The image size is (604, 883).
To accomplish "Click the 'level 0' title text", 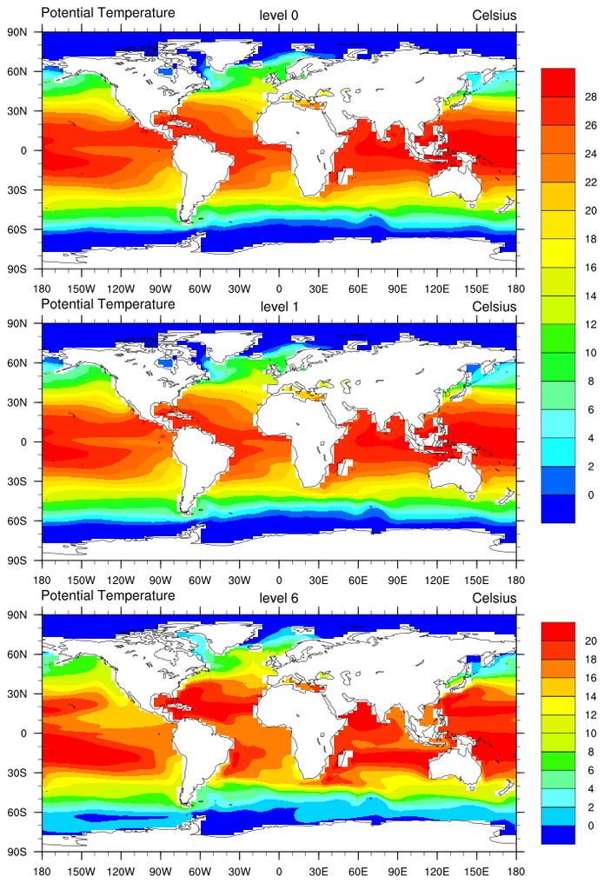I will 279,15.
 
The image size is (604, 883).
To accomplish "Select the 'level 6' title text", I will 279,598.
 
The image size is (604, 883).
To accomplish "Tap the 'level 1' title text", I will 279,307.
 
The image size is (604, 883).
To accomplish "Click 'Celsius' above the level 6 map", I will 494,598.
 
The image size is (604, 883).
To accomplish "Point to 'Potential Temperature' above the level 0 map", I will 108,13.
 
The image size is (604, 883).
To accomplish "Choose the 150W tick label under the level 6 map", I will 81,870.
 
